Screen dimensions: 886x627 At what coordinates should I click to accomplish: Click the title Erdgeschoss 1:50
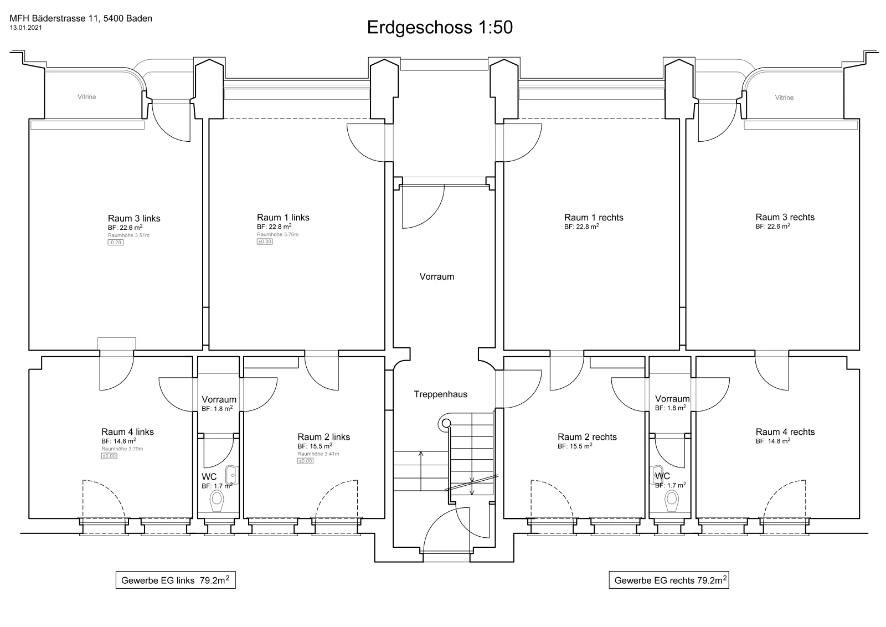coord(440,27)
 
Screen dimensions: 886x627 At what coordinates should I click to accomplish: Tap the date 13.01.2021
coord(25,28)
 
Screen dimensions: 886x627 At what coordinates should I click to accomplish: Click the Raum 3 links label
coord(134,218)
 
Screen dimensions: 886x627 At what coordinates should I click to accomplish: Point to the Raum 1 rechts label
coord(594,218)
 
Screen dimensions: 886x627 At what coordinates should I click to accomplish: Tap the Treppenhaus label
coord(441,394)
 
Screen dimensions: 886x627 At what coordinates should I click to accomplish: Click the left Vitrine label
coord(86,97)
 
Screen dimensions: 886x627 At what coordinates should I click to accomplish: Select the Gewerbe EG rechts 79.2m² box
coord(669,580)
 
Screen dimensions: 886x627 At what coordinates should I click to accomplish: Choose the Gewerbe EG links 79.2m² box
coord(176,580)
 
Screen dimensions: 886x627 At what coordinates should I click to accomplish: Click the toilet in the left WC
coord(217,501)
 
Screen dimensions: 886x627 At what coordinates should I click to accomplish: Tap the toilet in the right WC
coord(672,501)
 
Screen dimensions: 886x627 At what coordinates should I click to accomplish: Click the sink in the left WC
coord(231,475)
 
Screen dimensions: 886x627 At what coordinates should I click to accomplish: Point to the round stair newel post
coord(446,423)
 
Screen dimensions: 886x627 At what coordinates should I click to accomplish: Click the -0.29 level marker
coord(116,243)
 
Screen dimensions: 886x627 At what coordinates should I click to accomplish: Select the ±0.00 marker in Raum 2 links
coord(305,461)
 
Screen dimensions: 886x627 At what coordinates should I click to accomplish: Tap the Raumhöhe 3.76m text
coord(277,235)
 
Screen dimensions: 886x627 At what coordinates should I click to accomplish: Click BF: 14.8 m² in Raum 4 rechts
coord(773,441)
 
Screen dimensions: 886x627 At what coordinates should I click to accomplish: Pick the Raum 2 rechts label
coord(588,437)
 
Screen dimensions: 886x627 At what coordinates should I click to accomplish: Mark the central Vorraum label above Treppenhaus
coord(437,276)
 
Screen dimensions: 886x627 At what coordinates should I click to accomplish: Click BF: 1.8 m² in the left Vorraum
coord(217,409)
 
